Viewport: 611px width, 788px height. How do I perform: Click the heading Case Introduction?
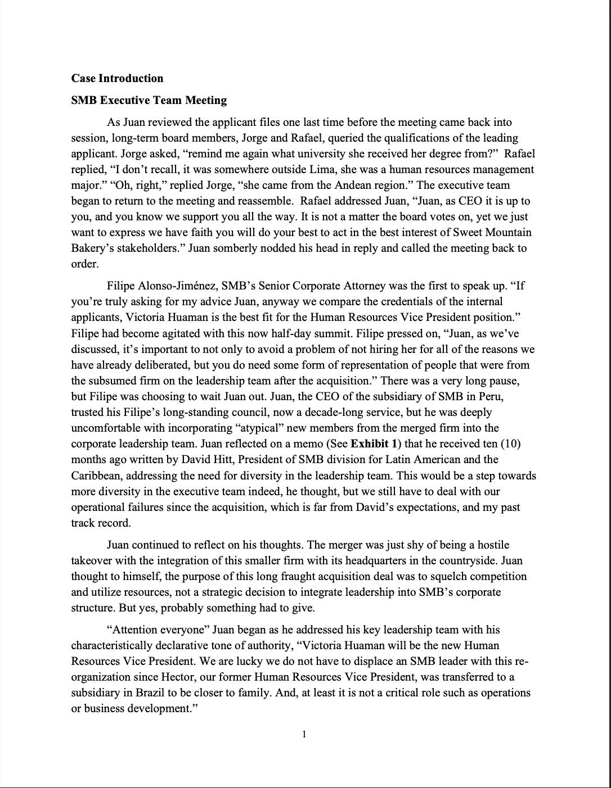point(117,79)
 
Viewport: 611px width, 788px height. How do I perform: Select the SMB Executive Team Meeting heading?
point(149,101)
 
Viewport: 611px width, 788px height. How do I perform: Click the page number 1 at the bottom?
point(304,734)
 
